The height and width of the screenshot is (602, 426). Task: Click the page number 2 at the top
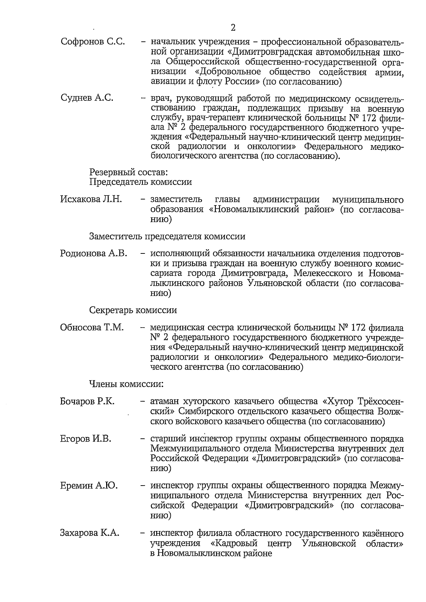(233, 28)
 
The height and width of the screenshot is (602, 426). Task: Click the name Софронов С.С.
(93, 42)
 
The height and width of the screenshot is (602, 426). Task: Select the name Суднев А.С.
(87, 98)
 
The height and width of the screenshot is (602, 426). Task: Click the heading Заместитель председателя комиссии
(167, 236)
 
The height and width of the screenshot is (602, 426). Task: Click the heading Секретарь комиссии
(133, 310)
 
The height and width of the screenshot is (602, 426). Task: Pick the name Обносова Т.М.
(92, 327)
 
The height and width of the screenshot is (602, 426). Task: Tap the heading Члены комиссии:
(126, 384)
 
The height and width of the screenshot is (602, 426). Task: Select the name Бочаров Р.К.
(87, 401)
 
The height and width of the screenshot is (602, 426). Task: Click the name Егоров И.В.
(86, 439)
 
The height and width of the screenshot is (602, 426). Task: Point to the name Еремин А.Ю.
(89, 485)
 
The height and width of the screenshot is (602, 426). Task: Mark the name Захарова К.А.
(89, 533)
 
